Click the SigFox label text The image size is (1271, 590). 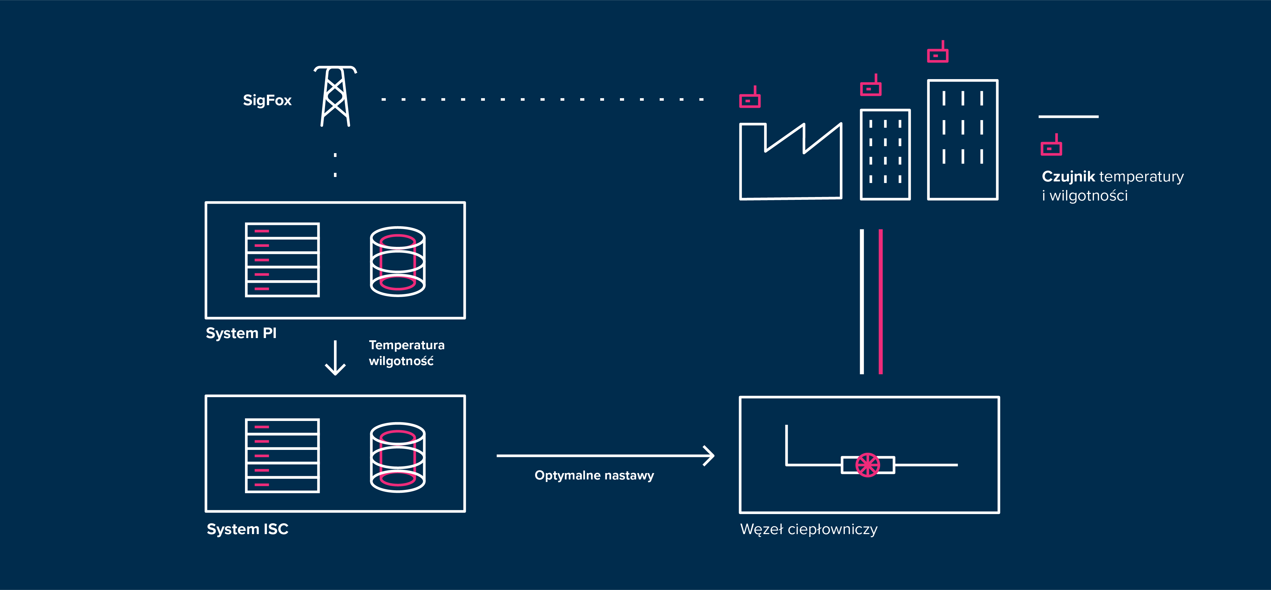(267, 100)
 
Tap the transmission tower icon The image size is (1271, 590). (336, 96)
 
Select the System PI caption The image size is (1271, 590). (241, 334)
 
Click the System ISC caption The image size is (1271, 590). (247, 529)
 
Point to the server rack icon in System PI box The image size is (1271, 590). (282, 260)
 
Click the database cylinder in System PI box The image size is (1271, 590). (398, 261)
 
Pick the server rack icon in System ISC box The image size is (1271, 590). (282, 456)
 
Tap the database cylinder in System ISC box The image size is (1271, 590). (398, 457)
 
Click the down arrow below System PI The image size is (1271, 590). (336, 358)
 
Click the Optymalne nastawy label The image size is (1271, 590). (594, 476)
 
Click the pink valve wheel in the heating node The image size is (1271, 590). (867, 465)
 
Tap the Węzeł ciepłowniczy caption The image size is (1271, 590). (809, 529)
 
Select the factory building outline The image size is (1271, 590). (791, 163)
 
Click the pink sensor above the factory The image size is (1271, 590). (750, 99)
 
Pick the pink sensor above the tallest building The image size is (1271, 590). (937, 53)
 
